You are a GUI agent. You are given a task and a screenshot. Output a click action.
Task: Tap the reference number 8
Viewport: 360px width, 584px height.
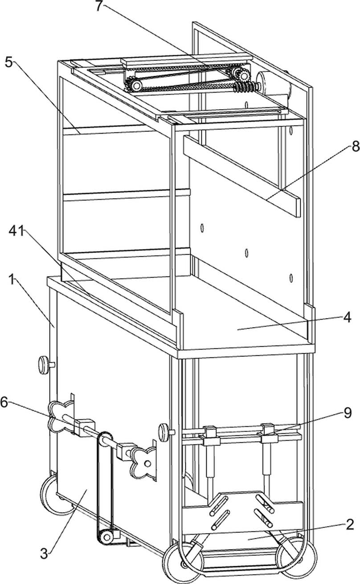coord(355,147)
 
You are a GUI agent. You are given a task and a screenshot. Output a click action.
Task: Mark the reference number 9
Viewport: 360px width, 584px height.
coord(347,414)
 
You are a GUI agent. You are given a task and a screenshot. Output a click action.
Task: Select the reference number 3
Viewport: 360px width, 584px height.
coord(44,554)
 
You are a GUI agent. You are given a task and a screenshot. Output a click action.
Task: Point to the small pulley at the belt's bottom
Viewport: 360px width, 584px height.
coord(106,537)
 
